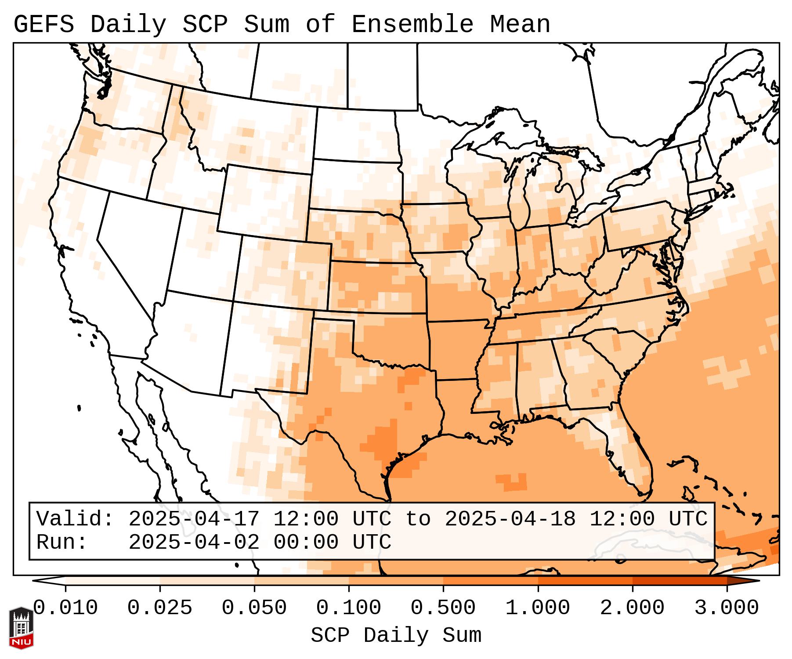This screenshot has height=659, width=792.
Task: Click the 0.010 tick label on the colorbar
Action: [x=65, y=608]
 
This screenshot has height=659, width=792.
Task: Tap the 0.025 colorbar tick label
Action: [x=160, y=608]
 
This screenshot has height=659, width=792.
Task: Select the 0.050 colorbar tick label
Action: [x=254, y=608]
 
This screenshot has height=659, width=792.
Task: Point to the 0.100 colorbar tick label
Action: [x=349, y=608]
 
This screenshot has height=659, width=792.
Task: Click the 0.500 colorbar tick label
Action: [x=443, y=608]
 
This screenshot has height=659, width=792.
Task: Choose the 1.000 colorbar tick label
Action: [x=538, y=608]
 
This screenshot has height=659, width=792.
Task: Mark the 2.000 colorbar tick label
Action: [x=633, y=608]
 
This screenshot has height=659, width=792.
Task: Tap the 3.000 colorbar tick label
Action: [x=727, y=608]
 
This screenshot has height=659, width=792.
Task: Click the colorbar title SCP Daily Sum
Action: [x=396, y=636]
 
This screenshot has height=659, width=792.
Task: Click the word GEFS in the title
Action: [x=44, y=24]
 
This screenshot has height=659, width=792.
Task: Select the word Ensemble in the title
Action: [x=412, y=24]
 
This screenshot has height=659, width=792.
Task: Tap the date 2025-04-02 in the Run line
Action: [x=194, y=543]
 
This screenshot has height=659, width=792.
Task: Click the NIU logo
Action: [x=22, y=628]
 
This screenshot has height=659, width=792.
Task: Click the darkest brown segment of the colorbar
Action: [x=742, y=581]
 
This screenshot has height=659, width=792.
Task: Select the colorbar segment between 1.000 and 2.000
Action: [x=585, y=581]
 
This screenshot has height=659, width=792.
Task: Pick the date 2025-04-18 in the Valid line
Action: [x=510, y=519]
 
